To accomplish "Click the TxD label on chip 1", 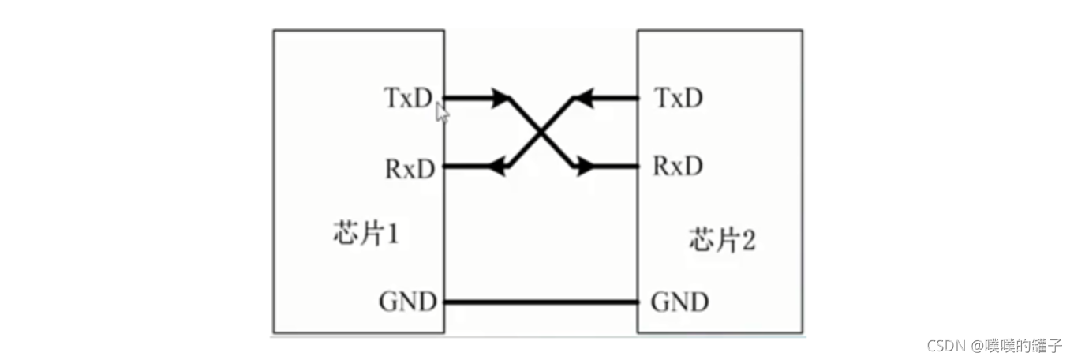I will pos(408,98).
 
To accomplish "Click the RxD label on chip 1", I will pos(409,167).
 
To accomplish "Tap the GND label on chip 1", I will pos(407,302).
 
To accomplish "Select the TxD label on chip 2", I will pos(679,98).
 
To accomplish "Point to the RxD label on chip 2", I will pos(678,167).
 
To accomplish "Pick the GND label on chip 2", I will pos(679,302).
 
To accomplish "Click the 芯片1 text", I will pos(365,234).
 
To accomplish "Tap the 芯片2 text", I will pos(722,238).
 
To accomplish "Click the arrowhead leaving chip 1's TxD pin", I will pos(501,98).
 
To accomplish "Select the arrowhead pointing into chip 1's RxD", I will pos(497,167).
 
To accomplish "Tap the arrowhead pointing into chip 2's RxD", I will pos(585,167).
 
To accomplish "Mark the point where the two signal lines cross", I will pos(541,133).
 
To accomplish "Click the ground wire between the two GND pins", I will pos(541,302).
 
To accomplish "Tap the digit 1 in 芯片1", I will pos(389,234).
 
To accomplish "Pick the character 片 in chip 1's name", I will pos(366,234).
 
